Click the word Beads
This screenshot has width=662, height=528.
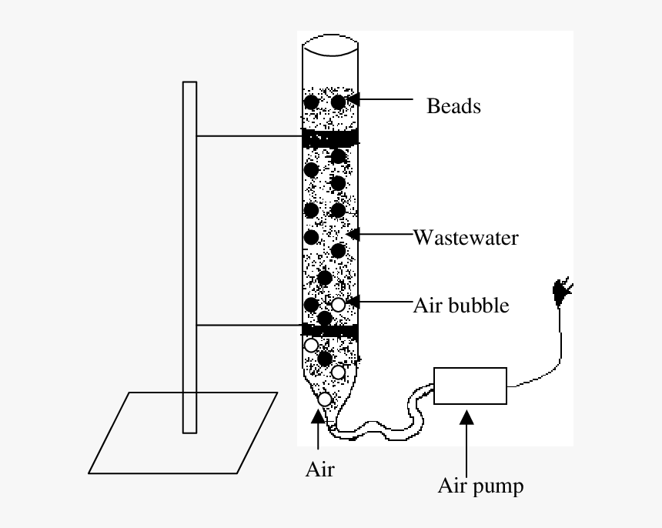[x=453, y=105]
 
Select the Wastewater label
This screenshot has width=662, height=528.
[x=466, y=237]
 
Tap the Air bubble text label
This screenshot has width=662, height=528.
[x=461, y=305]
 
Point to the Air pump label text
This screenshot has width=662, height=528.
[x=480, y=486]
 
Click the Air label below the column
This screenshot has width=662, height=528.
[x=319, y=469]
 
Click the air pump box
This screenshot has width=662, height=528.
[x=470, y=386]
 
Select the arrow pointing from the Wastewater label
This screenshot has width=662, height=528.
[x=381, y=232]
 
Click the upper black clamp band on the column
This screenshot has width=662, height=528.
[x=329, y=138]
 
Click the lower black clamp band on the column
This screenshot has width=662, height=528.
[x=329, y=331]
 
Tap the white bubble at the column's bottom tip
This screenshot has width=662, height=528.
[x=325, y=399]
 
